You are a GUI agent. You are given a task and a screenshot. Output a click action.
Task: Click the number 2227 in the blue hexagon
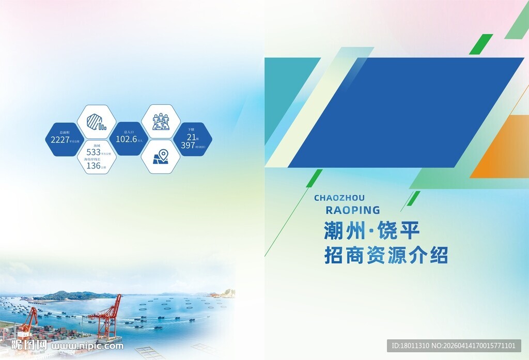click(x=60, y=139)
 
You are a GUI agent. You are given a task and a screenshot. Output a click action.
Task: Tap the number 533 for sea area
click(x=94, y=152)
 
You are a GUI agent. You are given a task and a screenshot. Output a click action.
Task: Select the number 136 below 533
click(x=94, y=166)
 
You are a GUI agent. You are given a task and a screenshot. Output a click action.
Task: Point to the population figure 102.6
click(x=126, y=139)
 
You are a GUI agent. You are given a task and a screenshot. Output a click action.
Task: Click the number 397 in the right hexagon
click(x=188, y=146)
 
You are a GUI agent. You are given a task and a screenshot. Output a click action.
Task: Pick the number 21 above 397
click(x=192, y=137)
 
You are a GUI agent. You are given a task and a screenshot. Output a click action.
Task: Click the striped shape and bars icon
click(x=96, y=122)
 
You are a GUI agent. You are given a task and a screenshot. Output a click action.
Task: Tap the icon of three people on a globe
click(x=161, y=122)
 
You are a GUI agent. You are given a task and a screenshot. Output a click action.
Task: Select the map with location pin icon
click(x=161, y=156)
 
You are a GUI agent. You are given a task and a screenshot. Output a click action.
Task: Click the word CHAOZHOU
click(x=339, y=198)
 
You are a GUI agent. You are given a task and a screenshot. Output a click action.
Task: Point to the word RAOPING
click(x=353, y=210)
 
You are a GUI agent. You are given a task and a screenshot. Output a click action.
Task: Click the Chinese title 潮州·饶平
click(x=371, y=231)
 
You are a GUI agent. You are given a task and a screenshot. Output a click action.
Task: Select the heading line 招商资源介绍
click(x=385, y=256)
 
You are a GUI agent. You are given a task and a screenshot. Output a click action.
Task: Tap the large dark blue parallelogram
click(x=406, y=112)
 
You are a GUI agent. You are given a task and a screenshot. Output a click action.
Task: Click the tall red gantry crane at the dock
click(x=107, y=317)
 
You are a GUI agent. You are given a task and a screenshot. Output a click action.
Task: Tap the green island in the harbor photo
click(x=72, y=295)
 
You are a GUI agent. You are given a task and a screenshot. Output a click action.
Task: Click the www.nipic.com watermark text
click(x=88, y=346)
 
